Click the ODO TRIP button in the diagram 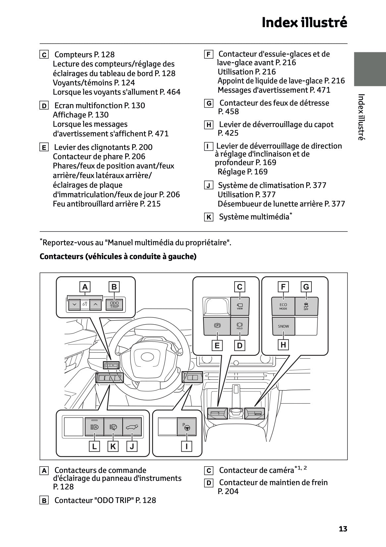pyautogui.click(x=114, y=305)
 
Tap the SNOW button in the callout pyautogui.click(x=283, y=326)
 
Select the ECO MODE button pyautogui.click(x=283, y=306)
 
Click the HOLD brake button pyautogui.click(x=240, y=326)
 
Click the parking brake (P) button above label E pyautogui.click(x=217, y=326)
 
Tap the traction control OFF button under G pyautogui.click(x=306, y=306)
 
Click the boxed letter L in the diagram pyautogui.click(x=94, y=446)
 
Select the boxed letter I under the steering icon pyautogui.click(x=187, y=446)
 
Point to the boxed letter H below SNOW pyautogui.click(x=283, y=345)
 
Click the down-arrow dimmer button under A pyautogui.click(x=74, y=304)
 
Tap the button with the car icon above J pyautogui.click(x=132, y=427)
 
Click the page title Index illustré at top pyautogui.click(x=304, y=23)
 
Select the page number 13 pyautogui.click(x=343, y=529)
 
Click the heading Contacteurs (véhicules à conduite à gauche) pyautogui.click(x=118, y=256)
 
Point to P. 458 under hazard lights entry pyautogui.click(x=228, y=112)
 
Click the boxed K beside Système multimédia pyautogui.click(x=208, y=217)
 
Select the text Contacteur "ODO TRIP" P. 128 pyautogui.click(x=105, y=500)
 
